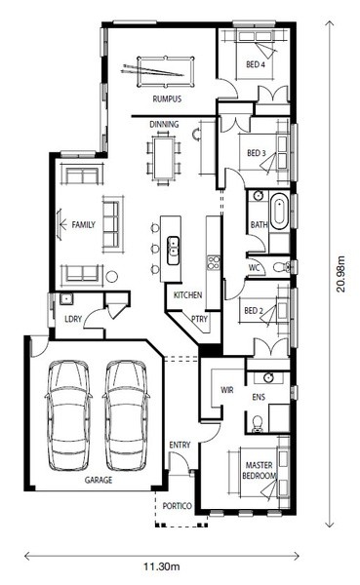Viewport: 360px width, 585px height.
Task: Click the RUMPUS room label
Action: tap(167, 98)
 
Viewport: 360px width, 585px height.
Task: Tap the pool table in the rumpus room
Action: tap(166, 71)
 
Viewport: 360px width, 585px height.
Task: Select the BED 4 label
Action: tap(256, 64)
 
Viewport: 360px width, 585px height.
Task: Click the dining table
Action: tap(164, 158)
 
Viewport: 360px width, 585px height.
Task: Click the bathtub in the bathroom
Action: tap(279, 211)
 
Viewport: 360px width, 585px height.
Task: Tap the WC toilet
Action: tap(281, 267)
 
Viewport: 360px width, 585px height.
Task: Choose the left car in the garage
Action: tap(68, 415)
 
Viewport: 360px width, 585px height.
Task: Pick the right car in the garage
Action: tap(126, 415)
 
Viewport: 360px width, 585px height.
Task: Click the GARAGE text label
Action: tap(99, 480)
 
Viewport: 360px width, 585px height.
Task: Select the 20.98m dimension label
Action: tap(340, 274)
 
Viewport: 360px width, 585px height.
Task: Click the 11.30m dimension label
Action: tap(162, 566)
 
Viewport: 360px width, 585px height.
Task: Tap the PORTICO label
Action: tap(177, 506)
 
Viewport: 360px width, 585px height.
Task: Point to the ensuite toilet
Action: tap(258, 423)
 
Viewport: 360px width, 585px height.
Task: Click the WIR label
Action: tap(227, 390)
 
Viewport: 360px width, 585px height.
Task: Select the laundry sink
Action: tap(66, 299)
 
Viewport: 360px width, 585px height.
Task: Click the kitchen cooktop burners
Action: tap(214, 262)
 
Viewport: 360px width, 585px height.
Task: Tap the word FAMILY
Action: tap(84, 224)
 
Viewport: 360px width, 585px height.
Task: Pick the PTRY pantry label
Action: tap(199, 319)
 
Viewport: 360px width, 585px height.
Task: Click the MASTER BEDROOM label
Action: tap(260, 471)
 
